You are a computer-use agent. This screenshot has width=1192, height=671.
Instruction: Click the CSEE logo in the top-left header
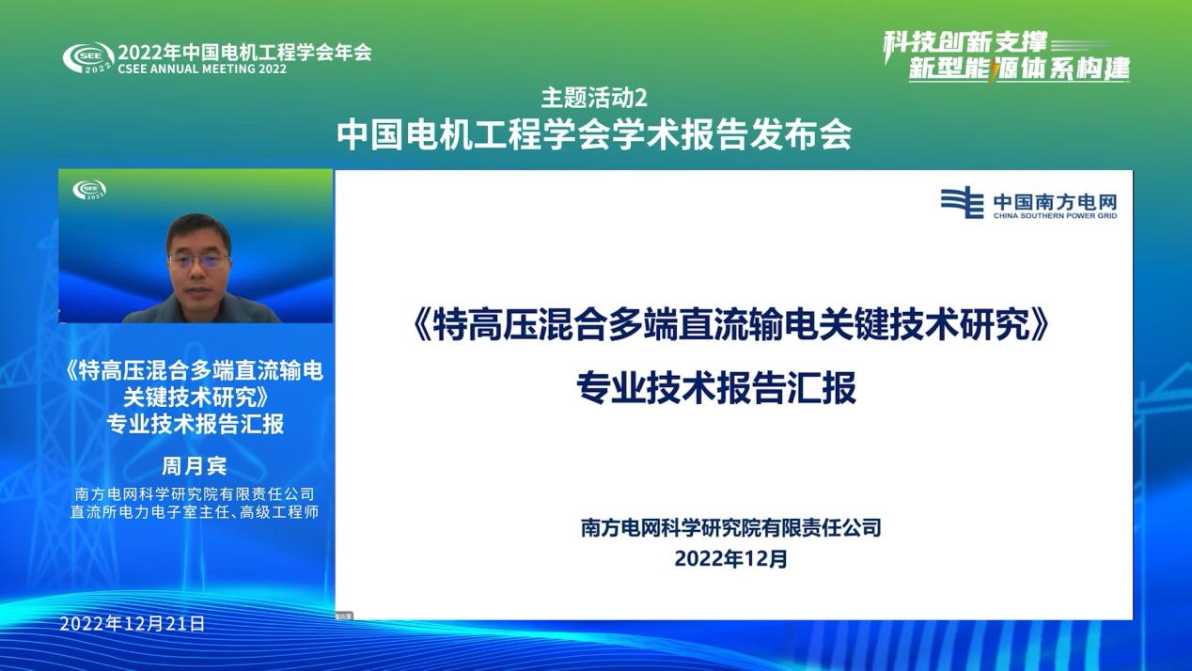coord(88,57)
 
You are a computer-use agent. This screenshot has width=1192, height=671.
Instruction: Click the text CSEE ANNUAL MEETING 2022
coord(202,70)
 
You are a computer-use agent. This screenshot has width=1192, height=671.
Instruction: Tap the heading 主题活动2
coord(594,99)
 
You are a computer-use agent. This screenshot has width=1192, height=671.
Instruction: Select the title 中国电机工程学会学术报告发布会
coord(594,135)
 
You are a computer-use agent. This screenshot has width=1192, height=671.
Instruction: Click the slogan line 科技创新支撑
coord(965,42)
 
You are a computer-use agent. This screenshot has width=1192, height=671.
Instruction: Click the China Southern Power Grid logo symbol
coord(962,203)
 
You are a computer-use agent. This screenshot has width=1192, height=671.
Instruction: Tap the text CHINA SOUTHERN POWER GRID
coord(1056,216)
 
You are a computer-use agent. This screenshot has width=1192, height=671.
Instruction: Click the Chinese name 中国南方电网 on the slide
coord(1056,202)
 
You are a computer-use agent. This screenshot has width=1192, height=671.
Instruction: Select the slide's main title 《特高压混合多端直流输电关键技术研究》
coord(730,325)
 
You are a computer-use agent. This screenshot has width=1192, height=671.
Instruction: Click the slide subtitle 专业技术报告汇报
coord(716,387)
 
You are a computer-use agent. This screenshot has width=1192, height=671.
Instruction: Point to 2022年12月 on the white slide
coord(730,559)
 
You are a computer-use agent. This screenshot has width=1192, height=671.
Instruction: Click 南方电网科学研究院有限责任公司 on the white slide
coord(730,528)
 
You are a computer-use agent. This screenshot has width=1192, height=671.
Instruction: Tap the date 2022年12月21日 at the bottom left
coord(132,624)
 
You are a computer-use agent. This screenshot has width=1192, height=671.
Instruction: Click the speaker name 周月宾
coord(195,466)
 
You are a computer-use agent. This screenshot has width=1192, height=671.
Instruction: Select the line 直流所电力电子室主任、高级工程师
coord(195,512)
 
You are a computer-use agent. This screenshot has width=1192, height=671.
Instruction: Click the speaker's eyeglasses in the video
coord(198,260)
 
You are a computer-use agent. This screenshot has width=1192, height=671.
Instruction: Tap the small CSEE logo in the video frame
coord(89,190)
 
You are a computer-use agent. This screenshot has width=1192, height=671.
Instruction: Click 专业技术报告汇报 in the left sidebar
coord(195,424)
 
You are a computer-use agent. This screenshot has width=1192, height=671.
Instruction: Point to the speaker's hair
coord(198,226)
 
